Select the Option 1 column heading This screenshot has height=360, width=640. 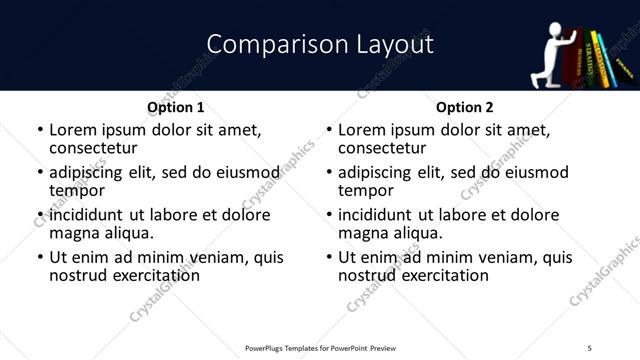pyautogui.click(x=175, y=107)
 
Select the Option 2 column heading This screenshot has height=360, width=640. pyautogui.click(x=464, y=107)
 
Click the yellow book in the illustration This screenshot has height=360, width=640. pyautogui.click(x=598, y=60)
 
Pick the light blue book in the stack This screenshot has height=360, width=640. pyautogui.click(x=589, y=60)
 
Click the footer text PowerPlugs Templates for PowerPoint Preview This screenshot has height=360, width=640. pyautogui.click(x=320, y=348)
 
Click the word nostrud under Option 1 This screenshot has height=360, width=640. pyautogui.click(x=79, y=275)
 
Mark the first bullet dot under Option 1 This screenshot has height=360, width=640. pyautogui.click(x=39, y=130)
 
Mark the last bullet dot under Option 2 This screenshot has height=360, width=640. pyautogui.click(x=328, y=258)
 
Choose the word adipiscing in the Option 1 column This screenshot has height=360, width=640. pyautogui.click(x=92, y=172)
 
